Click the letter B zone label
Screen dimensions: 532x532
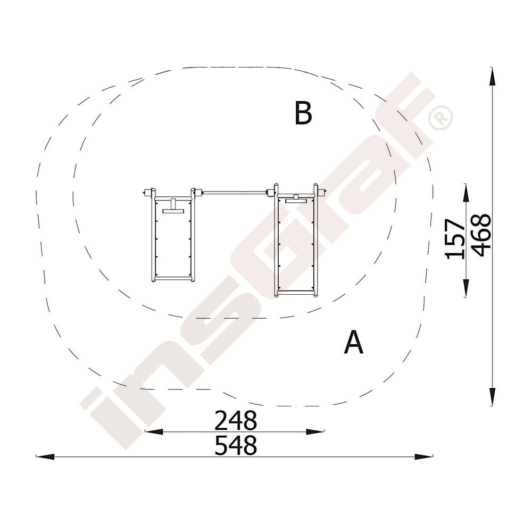point(303,113)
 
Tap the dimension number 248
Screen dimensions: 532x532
point(236,420)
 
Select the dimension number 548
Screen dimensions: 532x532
point(236,445)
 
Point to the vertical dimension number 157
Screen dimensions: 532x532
point(455,239)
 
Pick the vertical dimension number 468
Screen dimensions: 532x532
point(481,235)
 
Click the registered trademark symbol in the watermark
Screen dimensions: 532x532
point(440,118)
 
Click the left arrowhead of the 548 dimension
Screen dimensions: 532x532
point(45,456)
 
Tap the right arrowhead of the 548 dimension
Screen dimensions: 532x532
point(424,456)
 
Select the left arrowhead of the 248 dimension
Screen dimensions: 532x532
point(154,432)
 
